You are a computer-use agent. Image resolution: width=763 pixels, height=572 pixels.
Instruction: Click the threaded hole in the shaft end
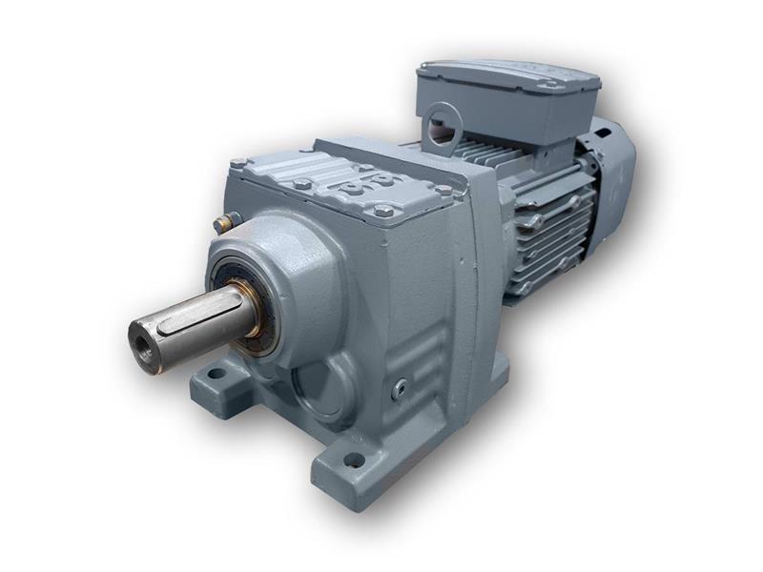pyautogui.click(x=143, y=337)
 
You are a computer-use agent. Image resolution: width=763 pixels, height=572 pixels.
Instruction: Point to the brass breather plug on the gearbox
pyautogui.click(x=221, y=224)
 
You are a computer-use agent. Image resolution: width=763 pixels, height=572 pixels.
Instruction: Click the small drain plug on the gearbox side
pyautogui.click(x=401, y=386)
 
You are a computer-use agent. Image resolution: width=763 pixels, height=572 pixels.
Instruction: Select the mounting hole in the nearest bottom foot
pyautogui.click(x=355, y=460)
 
